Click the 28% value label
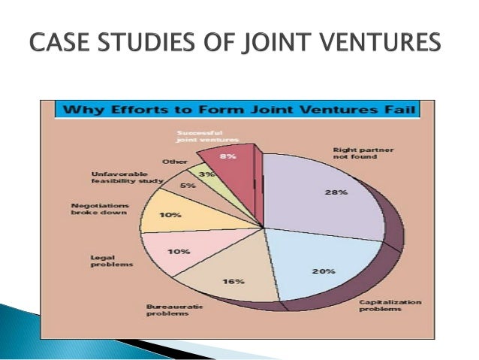coord(336,192)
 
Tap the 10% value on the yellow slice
coord(172,216)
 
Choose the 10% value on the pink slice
coord(179,252)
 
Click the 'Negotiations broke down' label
coord(100,210)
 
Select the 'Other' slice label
coord(175,162)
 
